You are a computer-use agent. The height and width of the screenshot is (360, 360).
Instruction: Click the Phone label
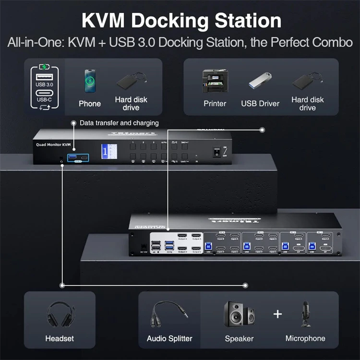[x=90, y=104]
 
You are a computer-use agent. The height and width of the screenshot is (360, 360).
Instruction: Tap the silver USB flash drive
[x=260, y=82]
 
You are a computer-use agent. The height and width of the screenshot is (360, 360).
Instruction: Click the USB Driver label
[x=260, y=104]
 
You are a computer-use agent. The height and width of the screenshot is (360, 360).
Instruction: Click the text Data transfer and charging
[x=119, y=123]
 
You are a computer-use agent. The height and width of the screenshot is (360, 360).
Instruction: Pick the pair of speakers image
[x=239, y=314]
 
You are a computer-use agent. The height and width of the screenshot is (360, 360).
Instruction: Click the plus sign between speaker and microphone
[x=277, y=314]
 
